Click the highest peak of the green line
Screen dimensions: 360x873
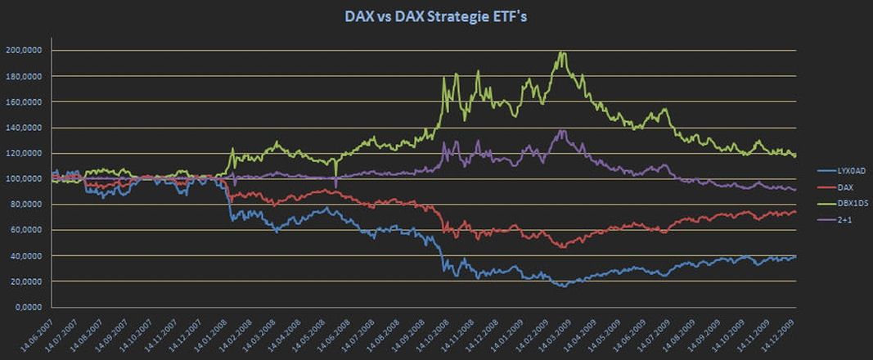(x=561, y=53)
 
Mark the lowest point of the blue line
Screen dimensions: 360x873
(x=562, y=286)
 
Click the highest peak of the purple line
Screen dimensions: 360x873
(x=561, y=129)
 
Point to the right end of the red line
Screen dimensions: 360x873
(x=795, y=213)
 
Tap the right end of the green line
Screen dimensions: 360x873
(x=795, y=155)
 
